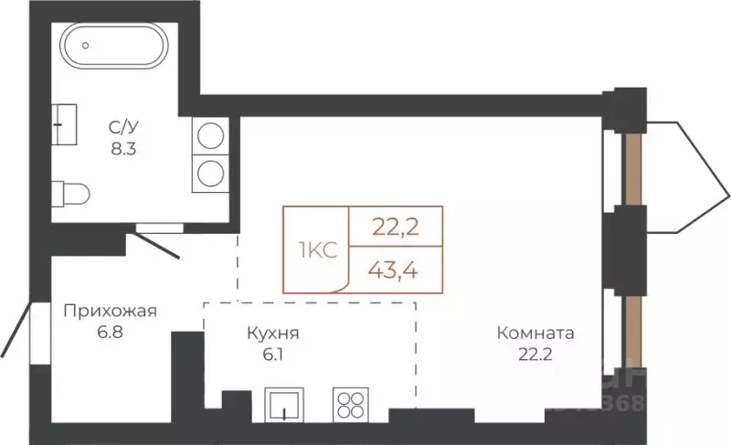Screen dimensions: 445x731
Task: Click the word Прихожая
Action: pos(110,311)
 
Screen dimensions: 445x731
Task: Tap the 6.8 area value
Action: pos(110,332)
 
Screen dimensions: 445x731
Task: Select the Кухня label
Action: pos(273,334)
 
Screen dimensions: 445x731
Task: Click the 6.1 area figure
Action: pos(273,355)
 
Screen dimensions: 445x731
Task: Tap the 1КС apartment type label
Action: pos(315,249)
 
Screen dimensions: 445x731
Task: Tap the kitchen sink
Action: pos(287,404)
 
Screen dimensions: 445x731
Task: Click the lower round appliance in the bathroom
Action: pos(211,172)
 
